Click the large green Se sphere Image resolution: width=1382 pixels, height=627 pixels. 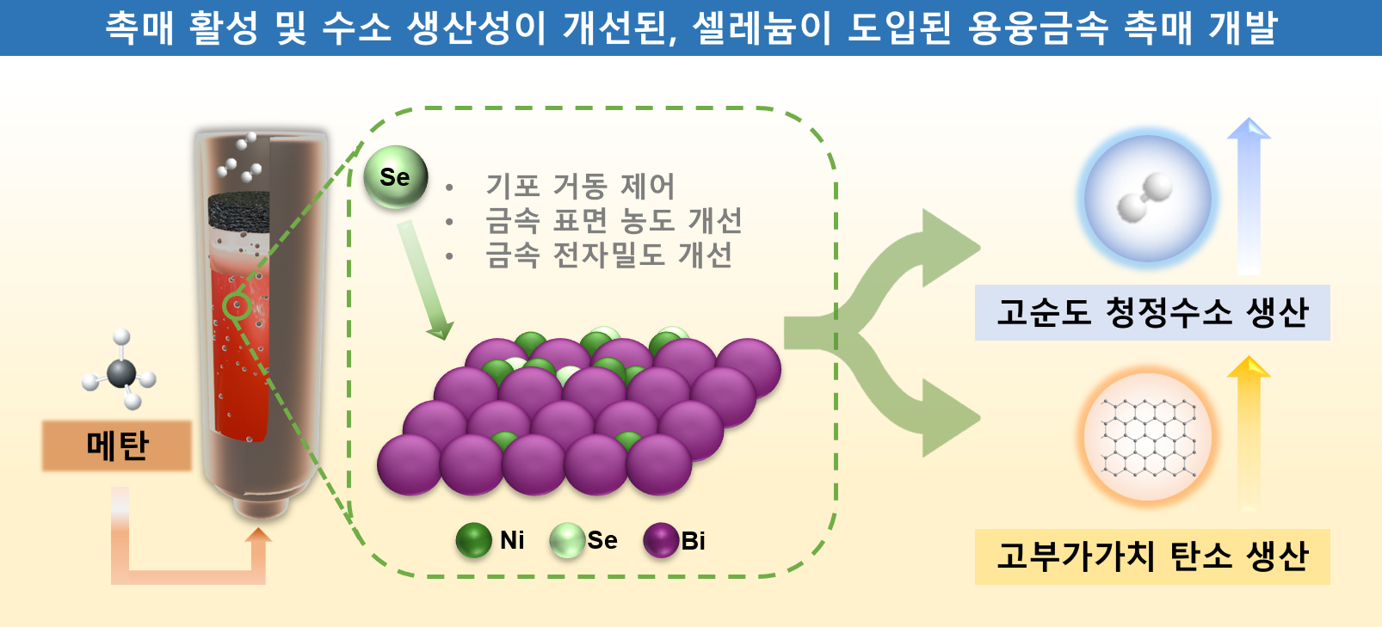(x=395, y=177)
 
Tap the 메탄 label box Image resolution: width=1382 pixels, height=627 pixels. (x=117, y=446)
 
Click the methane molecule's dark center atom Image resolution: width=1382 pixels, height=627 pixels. (x=121, y=373)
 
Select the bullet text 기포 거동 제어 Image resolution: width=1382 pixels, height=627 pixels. (x=580, y=185)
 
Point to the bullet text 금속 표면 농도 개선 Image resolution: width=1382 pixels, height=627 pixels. (x=613, y=220)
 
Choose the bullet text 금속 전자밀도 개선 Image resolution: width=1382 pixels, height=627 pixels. (x=608, y=255)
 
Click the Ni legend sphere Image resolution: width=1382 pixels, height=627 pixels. (x=473, y=540)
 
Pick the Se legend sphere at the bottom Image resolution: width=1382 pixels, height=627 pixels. (x=567, y=540)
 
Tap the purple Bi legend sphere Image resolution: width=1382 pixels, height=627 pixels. (x=661, y=540)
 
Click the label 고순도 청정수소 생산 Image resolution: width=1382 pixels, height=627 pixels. (x=1151, y=312)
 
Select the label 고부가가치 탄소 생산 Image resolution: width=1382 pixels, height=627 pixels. (x=1151, y=556)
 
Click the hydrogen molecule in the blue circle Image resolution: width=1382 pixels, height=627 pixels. (x=1146, y=198)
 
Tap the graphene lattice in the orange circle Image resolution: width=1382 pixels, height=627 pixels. (x=1147, y=437)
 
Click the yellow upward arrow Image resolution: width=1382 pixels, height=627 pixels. (x=1248, y=430)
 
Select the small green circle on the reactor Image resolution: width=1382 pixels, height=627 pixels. (x=236, y=304)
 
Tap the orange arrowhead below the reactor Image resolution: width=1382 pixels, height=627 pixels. (x=257, y=538)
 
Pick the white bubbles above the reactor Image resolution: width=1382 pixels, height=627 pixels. (x=240, y=157)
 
